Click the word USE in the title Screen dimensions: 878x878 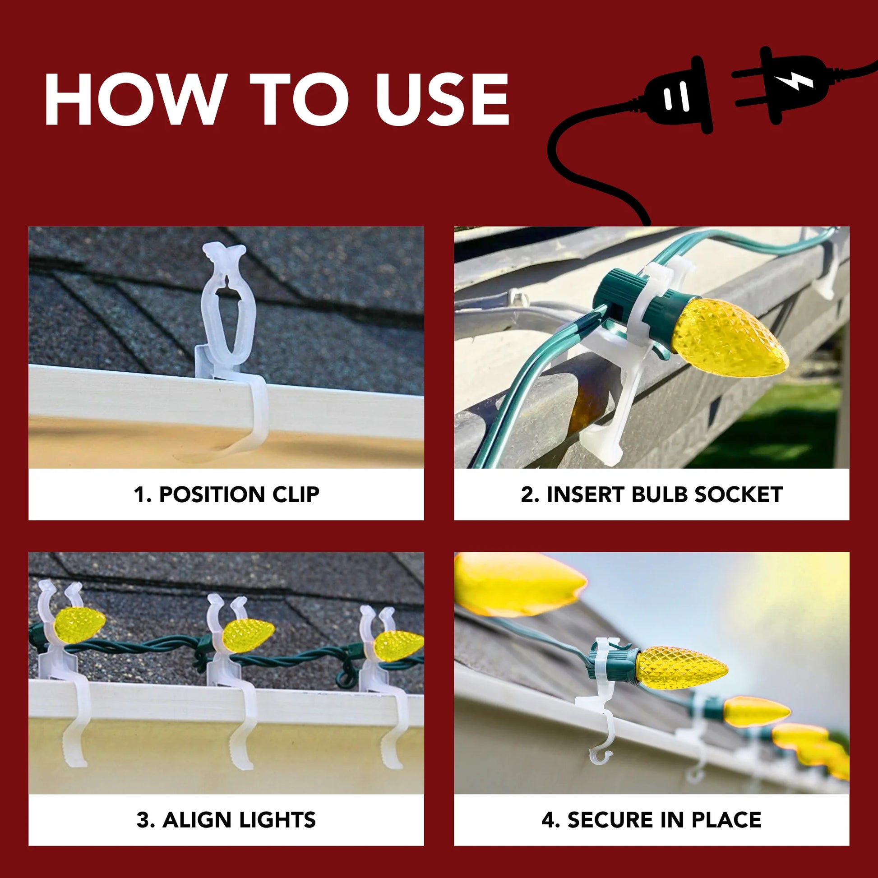tap(443, 99)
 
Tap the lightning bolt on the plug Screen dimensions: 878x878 tap(794, 81)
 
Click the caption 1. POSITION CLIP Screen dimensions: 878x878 tap(226, 494)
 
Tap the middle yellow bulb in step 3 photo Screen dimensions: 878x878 tap(248, 634)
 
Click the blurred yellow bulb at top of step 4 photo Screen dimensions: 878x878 tap(520, 584)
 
